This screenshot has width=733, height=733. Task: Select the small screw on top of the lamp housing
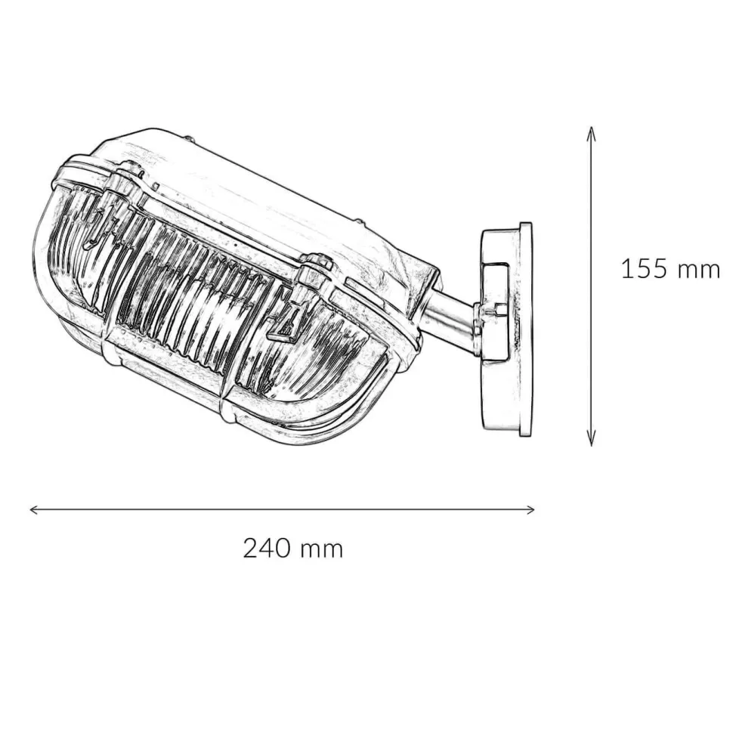click(x=189, y=140)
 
